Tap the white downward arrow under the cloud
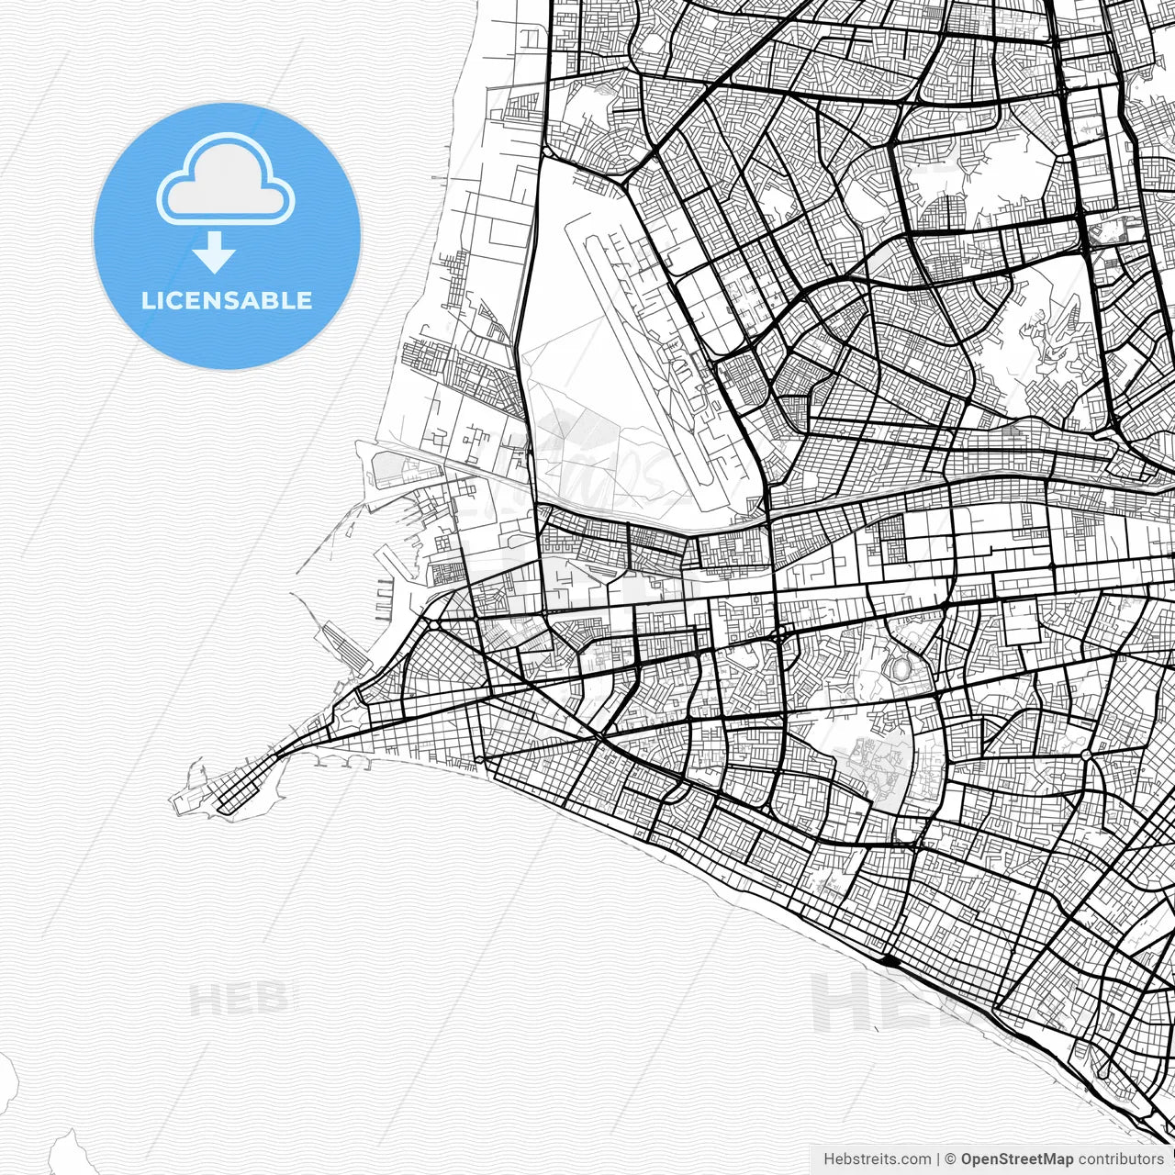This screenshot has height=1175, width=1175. click(214, 252)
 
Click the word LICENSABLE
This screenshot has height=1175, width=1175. click(227, 300)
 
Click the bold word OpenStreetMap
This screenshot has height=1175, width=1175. click(1017, 1159)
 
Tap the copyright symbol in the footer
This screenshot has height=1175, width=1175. click(950, 1159)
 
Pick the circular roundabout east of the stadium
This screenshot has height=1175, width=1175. click(1086, 755)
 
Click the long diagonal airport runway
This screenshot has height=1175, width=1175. click(643, 358)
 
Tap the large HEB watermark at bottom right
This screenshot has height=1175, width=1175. click(881, 1002)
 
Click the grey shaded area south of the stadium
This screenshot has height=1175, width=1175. click(872, 767)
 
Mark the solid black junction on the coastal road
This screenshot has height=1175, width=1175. click(890, 961)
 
